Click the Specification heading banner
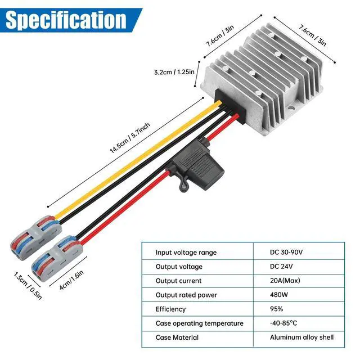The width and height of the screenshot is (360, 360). [66, 20]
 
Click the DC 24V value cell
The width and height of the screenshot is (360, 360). [282, 267]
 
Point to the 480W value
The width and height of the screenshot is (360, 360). [280, 295]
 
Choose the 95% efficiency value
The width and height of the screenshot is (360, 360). [277, 309]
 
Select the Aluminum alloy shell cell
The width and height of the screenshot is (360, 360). [302, 337]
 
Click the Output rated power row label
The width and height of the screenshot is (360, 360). [186, 295]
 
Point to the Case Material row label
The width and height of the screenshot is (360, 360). [177, 337]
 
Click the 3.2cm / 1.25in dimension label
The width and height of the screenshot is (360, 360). [174, 72]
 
